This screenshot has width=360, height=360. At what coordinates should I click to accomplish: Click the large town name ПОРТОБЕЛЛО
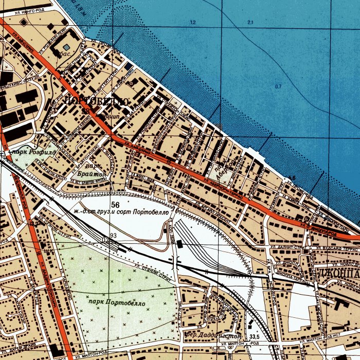tap(96, 101)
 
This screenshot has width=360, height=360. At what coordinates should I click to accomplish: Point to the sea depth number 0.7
tap(278, 86)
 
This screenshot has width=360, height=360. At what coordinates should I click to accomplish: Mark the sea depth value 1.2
tap(193, 23)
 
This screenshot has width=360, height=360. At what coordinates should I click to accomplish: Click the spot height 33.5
tap(254, 337)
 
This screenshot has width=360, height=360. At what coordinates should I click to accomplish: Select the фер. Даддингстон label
tap(206, 335)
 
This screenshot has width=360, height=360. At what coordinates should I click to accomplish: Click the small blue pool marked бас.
tap(67, 47)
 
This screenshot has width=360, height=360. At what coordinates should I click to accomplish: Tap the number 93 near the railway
tap(113, 235)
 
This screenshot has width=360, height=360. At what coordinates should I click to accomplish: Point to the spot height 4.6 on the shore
tap(292, 178)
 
